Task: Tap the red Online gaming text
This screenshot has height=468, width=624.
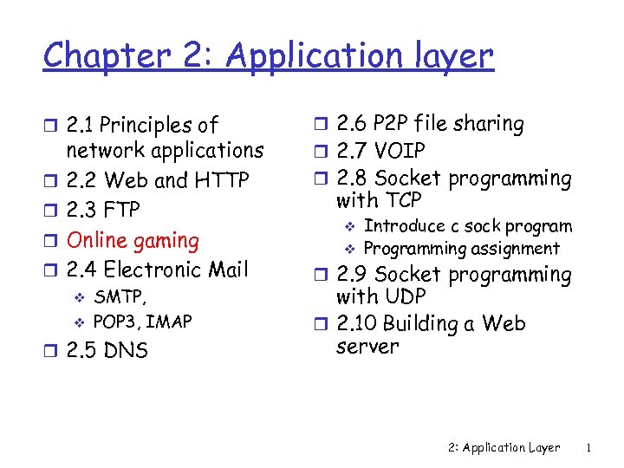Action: pyautogui.click(x=133, y=240)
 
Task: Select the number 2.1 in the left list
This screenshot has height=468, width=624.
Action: pyautogui.click(x=81, y=126)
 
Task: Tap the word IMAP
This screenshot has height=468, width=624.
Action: pyautogui.click(x=169, y=322)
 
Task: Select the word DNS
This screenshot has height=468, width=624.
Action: pyautogui.click(x=126, y=351)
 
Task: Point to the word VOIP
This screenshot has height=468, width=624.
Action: pyautogui.click(x=400, y=152)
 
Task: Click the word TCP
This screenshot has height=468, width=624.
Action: pyautogui.click(x=402, y=201)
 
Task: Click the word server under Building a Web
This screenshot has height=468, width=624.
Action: pyautogui.click(x=367, y=347)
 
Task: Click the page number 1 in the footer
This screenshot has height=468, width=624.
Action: pyautogui.click(x=588, y=448)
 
